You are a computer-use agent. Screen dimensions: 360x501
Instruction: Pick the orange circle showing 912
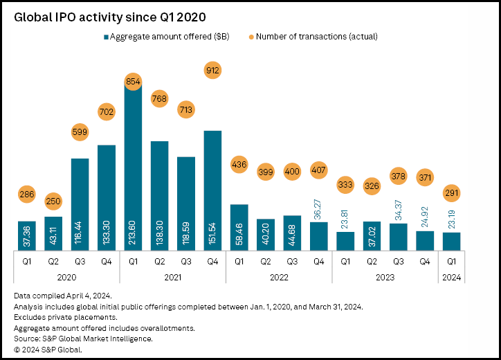[x=212, y=70]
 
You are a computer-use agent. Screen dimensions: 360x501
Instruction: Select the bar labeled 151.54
[x=212, y=190]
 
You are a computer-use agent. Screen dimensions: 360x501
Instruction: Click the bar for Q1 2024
[x=451, y=241]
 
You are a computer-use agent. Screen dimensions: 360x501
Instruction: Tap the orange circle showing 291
[x=451, y=194]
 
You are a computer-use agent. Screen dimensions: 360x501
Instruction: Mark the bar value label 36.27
[x=318, y=209]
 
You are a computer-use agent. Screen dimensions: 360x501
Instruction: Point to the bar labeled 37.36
[x=28, y=235]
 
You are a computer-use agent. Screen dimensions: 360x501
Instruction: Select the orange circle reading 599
[x=80, y=131]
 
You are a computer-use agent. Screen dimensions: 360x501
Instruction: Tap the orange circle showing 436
[x=239, y=165]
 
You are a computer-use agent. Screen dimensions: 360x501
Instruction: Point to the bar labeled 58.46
[x=239, y=227]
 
